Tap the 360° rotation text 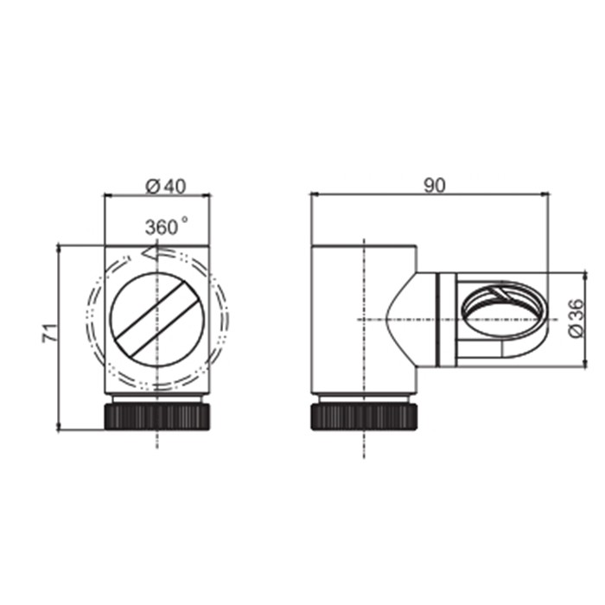pyautogui.click(x=166, y=227)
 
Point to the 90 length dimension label pyautogui.click(x=436, y=184)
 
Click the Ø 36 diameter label pyautogui.click(x=577, y=320)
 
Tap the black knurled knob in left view pyautogui.click(x=156, y=417)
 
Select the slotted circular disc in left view pyautogui.click(x=156, y=316)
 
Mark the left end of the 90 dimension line pyautogui.click(x=311, y=195)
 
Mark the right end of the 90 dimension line pyautogui.click(x=549, y=195)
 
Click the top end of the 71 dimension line pyautogui.click(x=58, y=245)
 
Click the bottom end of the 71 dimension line pyautogui.click(x=58, y=429)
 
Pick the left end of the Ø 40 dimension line pyautogui.click(x=105, y=196)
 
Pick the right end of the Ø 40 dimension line pyautogui.click(x=210, y=196)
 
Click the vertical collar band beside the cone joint pyautogui.click(x=446, y=320)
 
